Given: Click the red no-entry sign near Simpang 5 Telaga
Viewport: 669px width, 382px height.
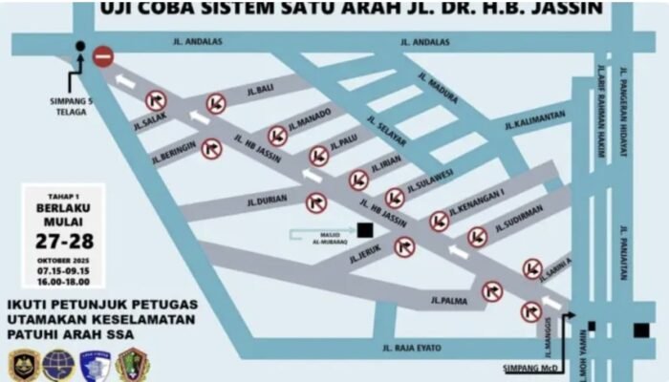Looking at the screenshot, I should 103,58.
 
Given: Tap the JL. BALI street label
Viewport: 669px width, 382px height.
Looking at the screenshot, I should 259,90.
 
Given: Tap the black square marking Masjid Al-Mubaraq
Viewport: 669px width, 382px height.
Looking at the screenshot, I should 364,229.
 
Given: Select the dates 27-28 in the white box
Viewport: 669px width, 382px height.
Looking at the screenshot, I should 63,240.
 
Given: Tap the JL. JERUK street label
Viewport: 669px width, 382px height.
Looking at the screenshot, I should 365,256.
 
